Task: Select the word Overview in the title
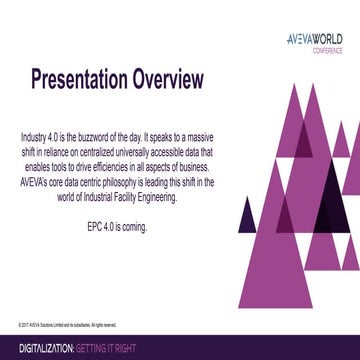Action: (x=170, y=78)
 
